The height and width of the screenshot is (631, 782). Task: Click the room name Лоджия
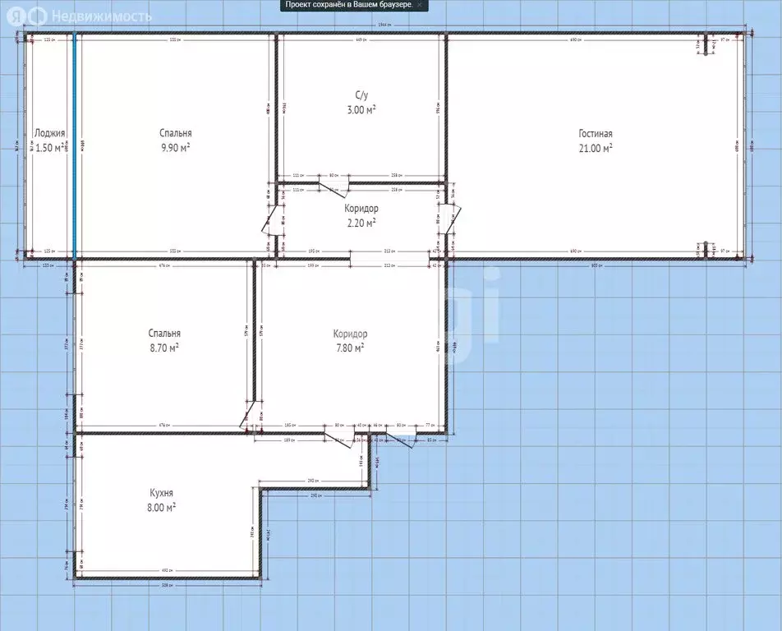49,133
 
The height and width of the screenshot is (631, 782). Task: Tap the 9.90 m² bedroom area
176,147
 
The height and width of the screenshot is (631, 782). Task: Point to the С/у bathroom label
361,94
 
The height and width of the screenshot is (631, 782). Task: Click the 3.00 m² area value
361,108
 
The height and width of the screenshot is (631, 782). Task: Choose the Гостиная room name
596,134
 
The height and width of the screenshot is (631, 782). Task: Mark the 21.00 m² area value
596,148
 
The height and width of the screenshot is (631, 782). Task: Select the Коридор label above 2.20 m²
361,209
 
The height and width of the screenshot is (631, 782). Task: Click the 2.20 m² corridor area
361,223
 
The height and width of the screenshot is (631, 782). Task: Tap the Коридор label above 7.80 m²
350,334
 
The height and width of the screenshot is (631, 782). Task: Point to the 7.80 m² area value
350,348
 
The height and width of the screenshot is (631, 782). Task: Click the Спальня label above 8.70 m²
164,334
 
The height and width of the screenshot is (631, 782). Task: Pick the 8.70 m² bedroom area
164,348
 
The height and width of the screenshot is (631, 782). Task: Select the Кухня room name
161,493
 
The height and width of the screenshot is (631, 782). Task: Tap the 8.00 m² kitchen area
161,507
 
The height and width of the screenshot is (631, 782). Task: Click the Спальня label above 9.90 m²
176,133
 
